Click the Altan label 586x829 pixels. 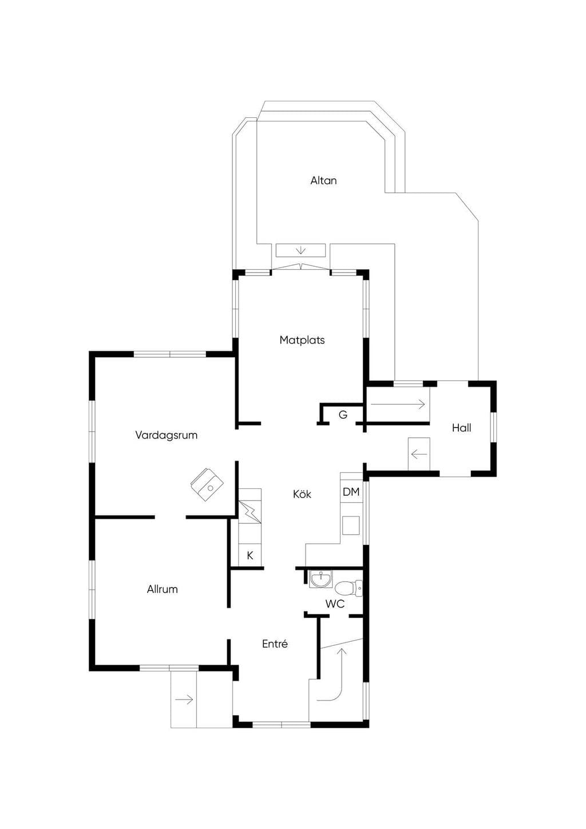323,180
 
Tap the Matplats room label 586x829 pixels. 302,340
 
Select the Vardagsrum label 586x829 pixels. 166,435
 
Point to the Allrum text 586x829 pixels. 162,589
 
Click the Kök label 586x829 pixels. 302,494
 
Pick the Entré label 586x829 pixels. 275,644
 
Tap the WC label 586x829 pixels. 335,604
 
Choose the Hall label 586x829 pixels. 461,428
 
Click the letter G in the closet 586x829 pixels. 343,415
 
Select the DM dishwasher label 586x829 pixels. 351,492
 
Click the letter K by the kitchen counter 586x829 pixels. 250,555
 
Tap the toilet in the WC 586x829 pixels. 349,587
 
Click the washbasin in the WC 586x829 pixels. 320,579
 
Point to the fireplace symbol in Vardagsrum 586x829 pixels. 207,484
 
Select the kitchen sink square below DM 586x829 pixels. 351,526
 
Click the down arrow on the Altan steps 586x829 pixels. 301,250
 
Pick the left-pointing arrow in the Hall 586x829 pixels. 418,454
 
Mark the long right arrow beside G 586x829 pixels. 397,405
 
